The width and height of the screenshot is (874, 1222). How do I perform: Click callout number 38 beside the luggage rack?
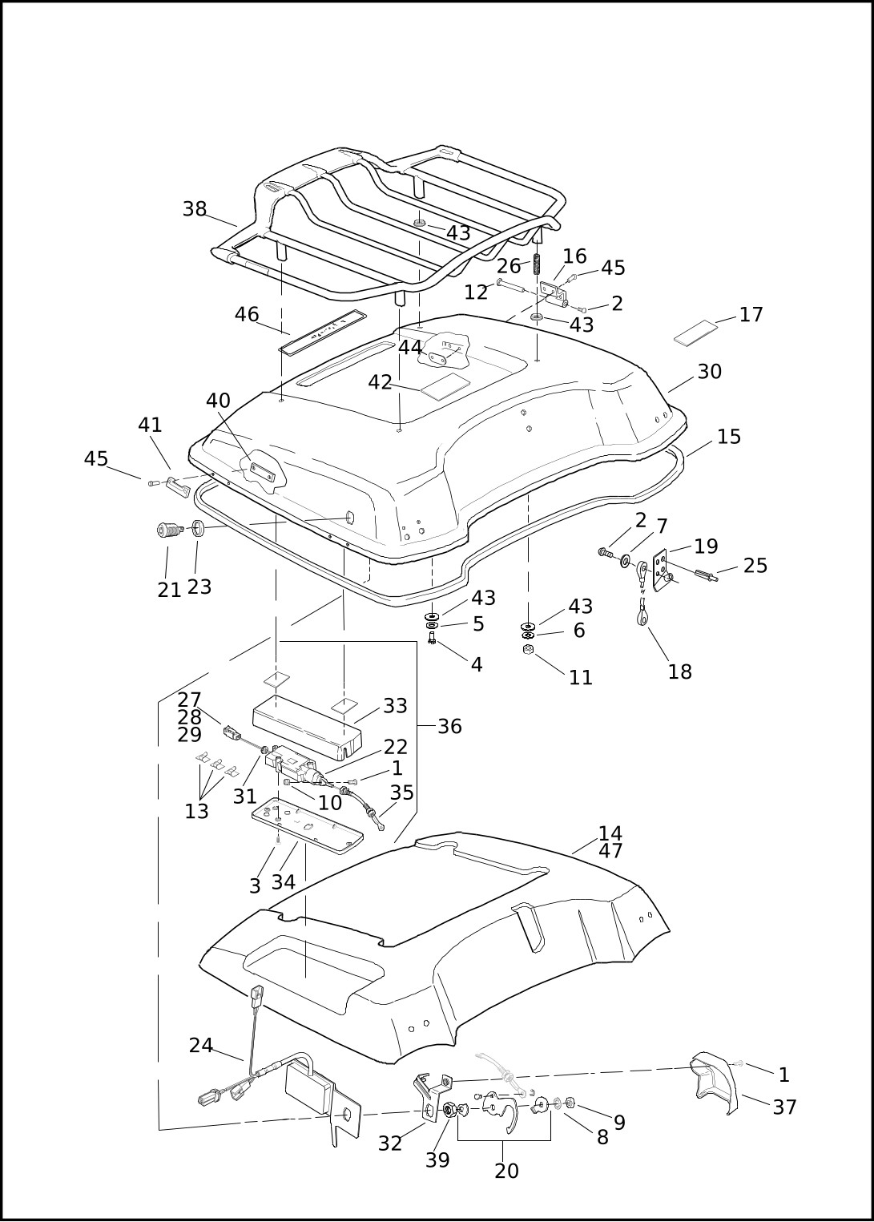195,209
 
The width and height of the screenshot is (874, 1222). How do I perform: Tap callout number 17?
751,315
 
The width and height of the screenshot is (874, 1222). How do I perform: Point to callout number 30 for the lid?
709,372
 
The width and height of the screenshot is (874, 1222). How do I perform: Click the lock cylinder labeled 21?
169,530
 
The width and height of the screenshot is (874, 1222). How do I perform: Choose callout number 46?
247,315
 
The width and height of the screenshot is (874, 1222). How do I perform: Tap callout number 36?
449,727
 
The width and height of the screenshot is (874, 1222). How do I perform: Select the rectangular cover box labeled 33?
305,728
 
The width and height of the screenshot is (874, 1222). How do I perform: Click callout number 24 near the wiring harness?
201,1046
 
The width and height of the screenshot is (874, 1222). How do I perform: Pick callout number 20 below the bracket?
506,1171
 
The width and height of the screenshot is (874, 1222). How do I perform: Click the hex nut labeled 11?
528,649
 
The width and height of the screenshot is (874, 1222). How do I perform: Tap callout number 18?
679,672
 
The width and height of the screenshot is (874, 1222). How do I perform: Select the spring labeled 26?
538,263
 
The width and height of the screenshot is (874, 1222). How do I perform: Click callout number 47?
610,852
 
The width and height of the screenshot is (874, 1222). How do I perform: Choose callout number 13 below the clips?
196,812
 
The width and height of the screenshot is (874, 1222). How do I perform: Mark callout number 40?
218,401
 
